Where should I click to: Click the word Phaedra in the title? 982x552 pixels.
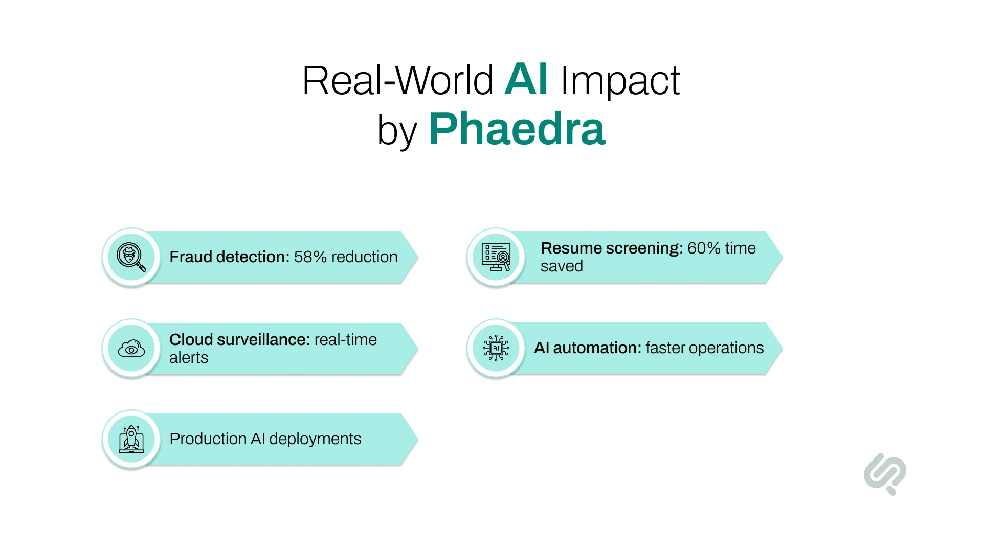517,129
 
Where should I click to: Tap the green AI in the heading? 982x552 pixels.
526,80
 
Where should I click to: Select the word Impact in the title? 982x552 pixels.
620,81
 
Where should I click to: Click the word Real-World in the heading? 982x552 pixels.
397,81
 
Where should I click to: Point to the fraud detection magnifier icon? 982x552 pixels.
131,257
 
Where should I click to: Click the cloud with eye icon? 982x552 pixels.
131,349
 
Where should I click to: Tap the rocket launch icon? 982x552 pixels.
131,439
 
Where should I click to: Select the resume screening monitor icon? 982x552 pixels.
496,257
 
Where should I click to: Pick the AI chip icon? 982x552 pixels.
496,348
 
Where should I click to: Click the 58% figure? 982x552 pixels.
310,257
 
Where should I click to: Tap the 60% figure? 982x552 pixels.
704,248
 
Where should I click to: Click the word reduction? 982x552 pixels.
364,257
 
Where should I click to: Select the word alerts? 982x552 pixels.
189,358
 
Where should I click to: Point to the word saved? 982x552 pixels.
562,266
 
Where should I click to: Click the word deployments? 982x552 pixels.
315,439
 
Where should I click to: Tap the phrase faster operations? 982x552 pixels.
704,348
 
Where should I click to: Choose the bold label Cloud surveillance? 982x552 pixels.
239,340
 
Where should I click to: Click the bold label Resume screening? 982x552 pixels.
612,248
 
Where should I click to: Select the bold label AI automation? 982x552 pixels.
587,348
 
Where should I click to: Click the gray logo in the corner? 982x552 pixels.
885,473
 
